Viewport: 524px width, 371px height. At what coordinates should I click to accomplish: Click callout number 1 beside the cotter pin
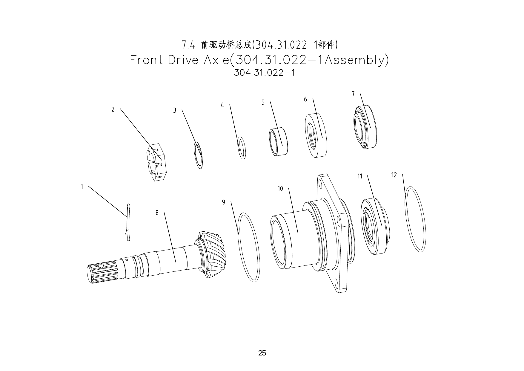tap(82, 187)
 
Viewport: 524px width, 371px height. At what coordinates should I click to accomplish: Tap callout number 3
tap(175, 111)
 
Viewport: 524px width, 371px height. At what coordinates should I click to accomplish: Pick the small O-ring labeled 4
tap(242, 148)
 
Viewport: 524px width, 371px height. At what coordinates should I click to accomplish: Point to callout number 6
tap(305, 99)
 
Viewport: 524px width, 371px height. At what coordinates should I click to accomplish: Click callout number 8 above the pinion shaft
tap(157, 213)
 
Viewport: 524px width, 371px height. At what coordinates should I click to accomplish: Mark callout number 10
tap(280, 189)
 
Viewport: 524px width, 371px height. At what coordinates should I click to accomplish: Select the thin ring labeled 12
tap(415, 219)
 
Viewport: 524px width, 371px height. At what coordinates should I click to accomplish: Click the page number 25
tap(262, 353)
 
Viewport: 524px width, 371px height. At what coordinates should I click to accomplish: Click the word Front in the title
tap(147, 60)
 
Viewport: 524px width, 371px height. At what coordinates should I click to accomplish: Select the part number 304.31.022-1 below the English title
tap(265, 73)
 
